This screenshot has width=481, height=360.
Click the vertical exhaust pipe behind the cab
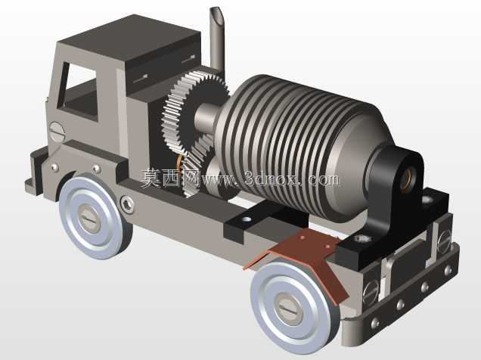(217, 40)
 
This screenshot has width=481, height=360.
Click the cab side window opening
(80, 92)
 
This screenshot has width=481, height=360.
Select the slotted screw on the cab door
(57, 132)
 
